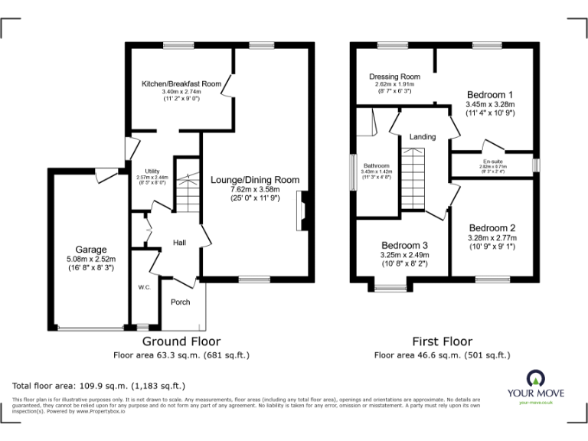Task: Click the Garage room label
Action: [x=91, y=250]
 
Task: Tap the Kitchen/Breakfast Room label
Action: [x=181, y=83]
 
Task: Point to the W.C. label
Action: [x=143, y=287]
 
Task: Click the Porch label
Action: [x=180, y=301]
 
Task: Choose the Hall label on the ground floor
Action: [x=180, y=243]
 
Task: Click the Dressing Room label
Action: [x=394, y=77]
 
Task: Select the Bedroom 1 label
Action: [x=491, y=94]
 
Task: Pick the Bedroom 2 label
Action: [x=492, y=228]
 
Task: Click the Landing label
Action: [x=423, y=137]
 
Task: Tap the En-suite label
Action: [x=492, y=162]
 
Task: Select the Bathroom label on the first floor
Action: [x=377, y=166]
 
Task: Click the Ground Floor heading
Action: [x=181, y=341]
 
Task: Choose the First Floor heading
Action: [x=442, y=341]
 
